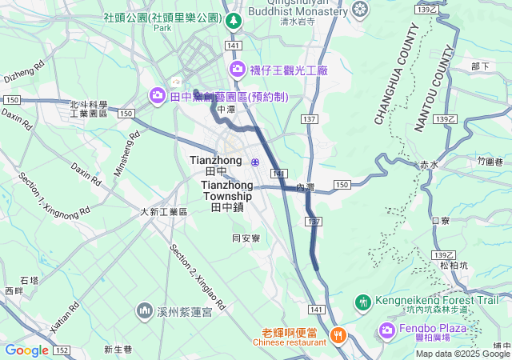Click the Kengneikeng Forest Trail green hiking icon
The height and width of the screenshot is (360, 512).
click(x=362, y=302)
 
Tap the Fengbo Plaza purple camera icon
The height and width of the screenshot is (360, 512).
click(x=387, y=330)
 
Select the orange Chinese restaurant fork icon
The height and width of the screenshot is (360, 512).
click(x=338, y=334)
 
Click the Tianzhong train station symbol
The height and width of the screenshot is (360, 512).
click(x=255, y=162)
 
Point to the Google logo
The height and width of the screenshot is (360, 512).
click(x=26, y=350)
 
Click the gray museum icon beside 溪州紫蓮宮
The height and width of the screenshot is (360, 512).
click(x=145, y=310)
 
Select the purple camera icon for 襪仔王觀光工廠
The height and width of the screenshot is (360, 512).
click(x=237, y=70)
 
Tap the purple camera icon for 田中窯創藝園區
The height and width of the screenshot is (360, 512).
click(x=158, y=96)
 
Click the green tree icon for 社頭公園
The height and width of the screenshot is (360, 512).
click(x=233, y=22)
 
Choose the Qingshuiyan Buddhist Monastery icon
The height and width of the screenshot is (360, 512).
click(x=361, y=9)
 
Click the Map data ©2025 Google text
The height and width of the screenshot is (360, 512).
click(x=462, y=354)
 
